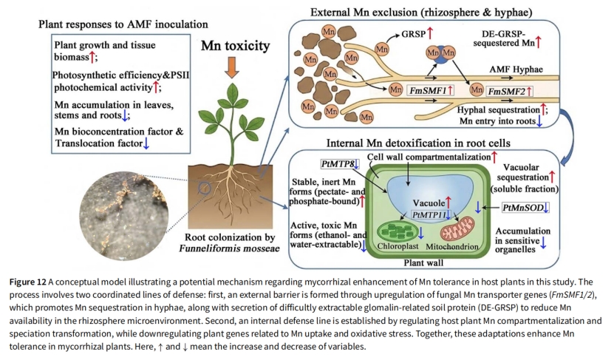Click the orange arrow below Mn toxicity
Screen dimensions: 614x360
click(232, 67)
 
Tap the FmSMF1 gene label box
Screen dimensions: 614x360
click(431, 90)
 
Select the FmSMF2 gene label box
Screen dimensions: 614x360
click(509, 91)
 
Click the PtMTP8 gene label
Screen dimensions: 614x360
click(340, 164)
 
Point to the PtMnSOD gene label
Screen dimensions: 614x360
click(525, 207)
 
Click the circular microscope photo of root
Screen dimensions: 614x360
click(123, 217)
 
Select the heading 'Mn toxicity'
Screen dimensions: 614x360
click(236, 45)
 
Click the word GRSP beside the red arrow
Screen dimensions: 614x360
click(414, 34)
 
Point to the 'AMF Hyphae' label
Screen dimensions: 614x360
click(516, 69)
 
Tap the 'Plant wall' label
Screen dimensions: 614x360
click(423, 262)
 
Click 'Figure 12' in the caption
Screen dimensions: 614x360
click(28, 282)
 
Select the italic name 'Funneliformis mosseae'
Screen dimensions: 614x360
click(230, 248)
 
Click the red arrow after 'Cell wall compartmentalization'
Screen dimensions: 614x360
click(494, 157)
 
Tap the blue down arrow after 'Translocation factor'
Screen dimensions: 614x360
click(146, 143)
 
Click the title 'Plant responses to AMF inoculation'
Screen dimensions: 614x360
click(123, 24)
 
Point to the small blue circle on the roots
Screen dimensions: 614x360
click(205, 189)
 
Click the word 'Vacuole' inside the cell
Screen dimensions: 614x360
click(429, 203)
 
